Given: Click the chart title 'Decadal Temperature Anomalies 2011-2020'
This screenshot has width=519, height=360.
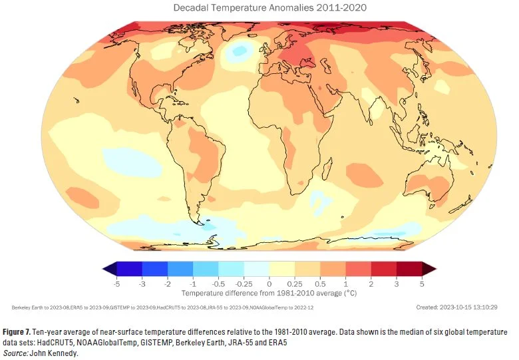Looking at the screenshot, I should [x=269, y=9].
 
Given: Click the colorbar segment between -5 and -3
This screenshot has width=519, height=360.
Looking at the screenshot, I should [x=130, y=270].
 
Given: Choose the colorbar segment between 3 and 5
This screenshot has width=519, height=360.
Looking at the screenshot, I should [x=409, y=270].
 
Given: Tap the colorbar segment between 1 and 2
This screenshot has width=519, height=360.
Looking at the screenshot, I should [x=358, y=270].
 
